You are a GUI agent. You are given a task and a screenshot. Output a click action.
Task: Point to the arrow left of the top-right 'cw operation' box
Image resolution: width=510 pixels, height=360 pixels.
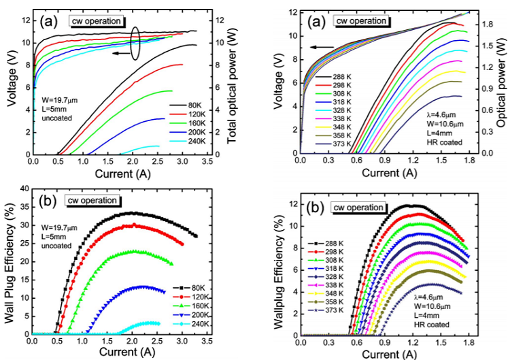[323, 47]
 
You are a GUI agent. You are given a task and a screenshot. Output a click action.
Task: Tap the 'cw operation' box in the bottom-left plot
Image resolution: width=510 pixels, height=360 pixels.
[93, 200]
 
